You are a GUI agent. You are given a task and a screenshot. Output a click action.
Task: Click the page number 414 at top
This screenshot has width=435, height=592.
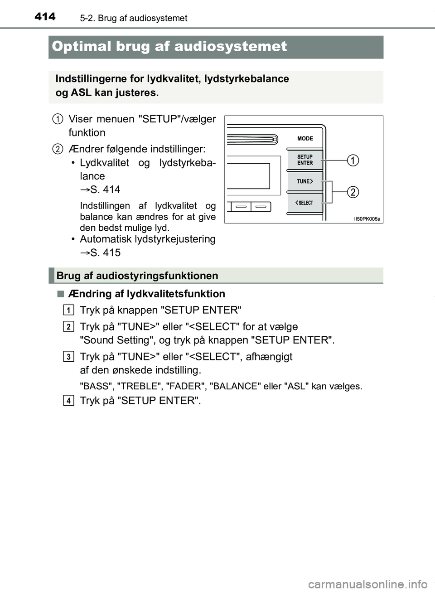point(45,17)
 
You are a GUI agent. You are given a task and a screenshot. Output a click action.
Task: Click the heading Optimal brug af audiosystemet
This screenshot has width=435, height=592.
point(169,46)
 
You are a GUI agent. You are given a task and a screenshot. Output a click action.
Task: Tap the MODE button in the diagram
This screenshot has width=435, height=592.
point(305,138)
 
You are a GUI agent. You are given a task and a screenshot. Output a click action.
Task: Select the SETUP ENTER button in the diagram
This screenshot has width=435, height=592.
point(305,160)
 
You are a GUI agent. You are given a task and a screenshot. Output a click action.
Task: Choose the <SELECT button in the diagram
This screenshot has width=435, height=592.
point(305,203)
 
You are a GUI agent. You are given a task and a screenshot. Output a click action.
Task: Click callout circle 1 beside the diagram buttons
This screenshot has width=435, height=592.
point(353,160)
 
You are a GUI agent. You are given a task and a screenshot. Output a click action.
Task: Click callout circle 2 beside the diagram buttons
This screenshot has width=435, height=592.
point(353,192)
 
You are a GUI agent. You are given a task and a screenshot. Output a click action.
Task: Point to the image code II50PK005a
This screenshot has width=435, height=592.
point(367,219)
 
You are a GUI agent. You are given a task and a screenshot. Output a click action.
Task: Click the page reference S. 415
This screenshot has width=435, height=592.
point(105,252)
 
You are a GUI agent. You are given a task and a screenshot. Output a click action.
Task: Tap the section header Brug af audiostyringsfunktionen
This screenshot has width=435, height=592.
point(137,276)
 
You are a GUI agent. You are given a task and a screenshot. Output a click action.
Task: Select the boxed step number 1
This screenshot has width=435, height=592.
point(69,310)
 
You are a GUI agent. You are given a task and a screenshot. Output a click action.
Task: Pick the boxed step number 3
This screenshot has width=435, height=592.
point(69,357)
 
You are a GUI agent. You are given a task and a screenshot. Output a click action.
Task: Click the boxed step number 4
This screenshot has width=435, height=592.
point(69,400)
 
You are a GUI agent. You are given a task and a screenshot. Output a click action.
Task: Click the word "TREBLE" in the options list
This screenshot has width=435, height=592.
point(139,386)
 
